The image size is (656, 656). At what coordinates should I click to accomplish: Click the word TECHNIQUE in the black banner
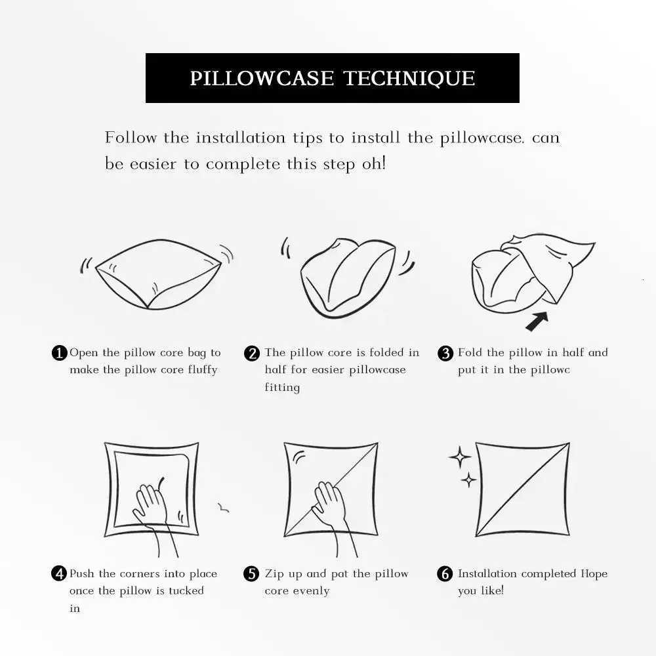(x=409, y=79)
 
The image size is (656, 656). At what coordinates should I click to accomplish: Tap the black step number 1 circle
(x=59, y=354)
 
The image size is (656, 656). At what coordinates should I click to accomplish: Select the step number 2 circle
(x=252, y=354)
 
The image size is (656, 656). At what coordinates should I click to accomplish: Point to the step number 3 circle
(x=445, y=354)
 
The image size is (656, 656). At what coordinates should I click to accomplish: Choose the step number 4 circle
(x=59, y=574)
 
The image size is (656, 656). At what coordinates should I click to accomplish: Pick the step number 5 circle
(x=252, y=574)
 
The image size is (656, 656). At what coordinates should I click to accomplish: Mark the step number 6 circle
(x=445, y=574)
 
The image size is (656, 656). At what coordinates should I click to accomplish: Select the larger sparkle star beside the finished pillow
(x=460, y=457)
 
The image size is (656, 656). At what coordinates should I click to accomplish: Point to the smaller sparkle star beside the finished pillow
(x=468, y=480)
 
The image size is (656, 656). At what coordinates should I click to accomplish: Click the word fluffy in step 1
(x=201, y=370)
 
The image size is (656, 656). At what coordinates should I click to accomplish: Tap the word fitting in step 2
(x=282, y=388)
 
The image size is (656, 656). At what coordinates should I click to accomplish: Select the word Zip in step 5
(x=274, y=574)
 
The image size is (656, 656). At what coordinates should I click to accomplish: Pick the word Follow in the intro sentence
(x=131, y=138)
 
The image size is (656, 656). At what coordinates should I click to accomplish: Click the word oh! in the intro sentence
(x=374, y=163)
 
